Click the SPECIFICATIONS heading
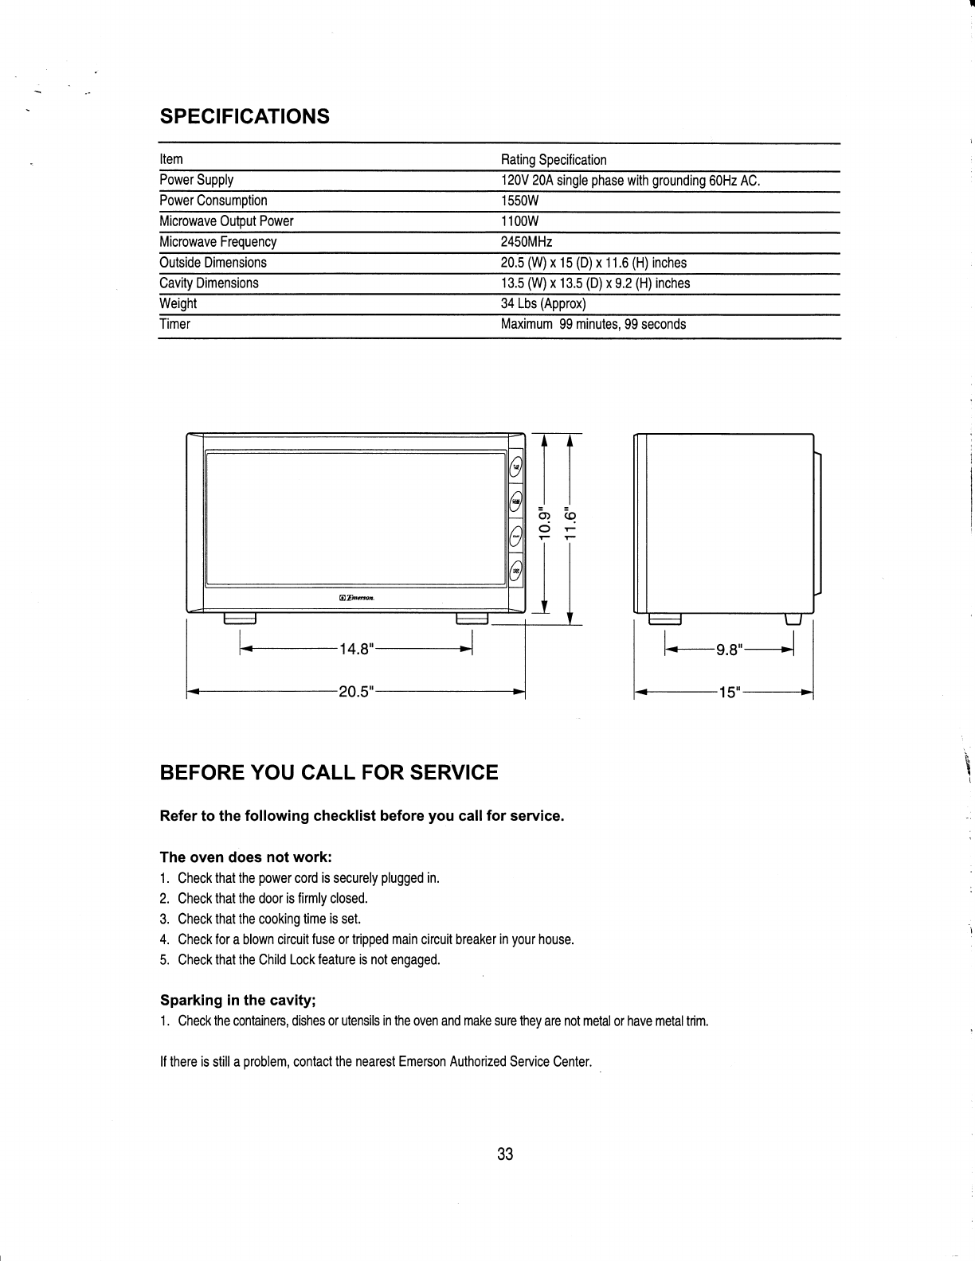coord(245,116)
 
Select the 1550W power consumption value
coord(519,201)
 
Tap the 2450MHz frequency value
coord(526,242)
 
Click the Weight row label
coord(178,304)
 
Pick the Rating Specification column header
coord(553,160)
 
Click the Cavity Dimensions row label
coord(209,283)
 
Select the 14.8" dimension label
coord(356,650)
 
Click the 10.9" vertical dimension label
coord(544,522)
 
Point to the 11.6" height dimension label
coord(570,522)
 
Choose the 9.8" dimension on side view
coord(729,650)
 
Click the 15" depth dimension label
coord(729,691)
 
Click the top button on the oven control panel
coord(516,467)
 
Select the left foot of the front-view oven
coord(240,619)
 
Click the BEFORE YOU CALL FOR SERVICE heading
coord(329,772)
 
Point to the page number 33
coord(504,1154)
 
